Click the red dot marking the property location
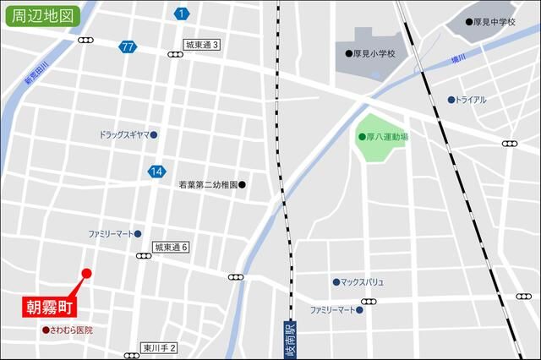point(86,272)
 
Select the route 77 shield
point(128,47)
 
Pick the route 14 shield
point(156,172)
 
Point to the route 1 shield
point(182,14)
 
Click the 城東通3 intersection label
point(202,45)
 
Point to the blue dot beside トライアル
point(452,100)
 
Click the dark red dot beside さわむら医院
point(46,330)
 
